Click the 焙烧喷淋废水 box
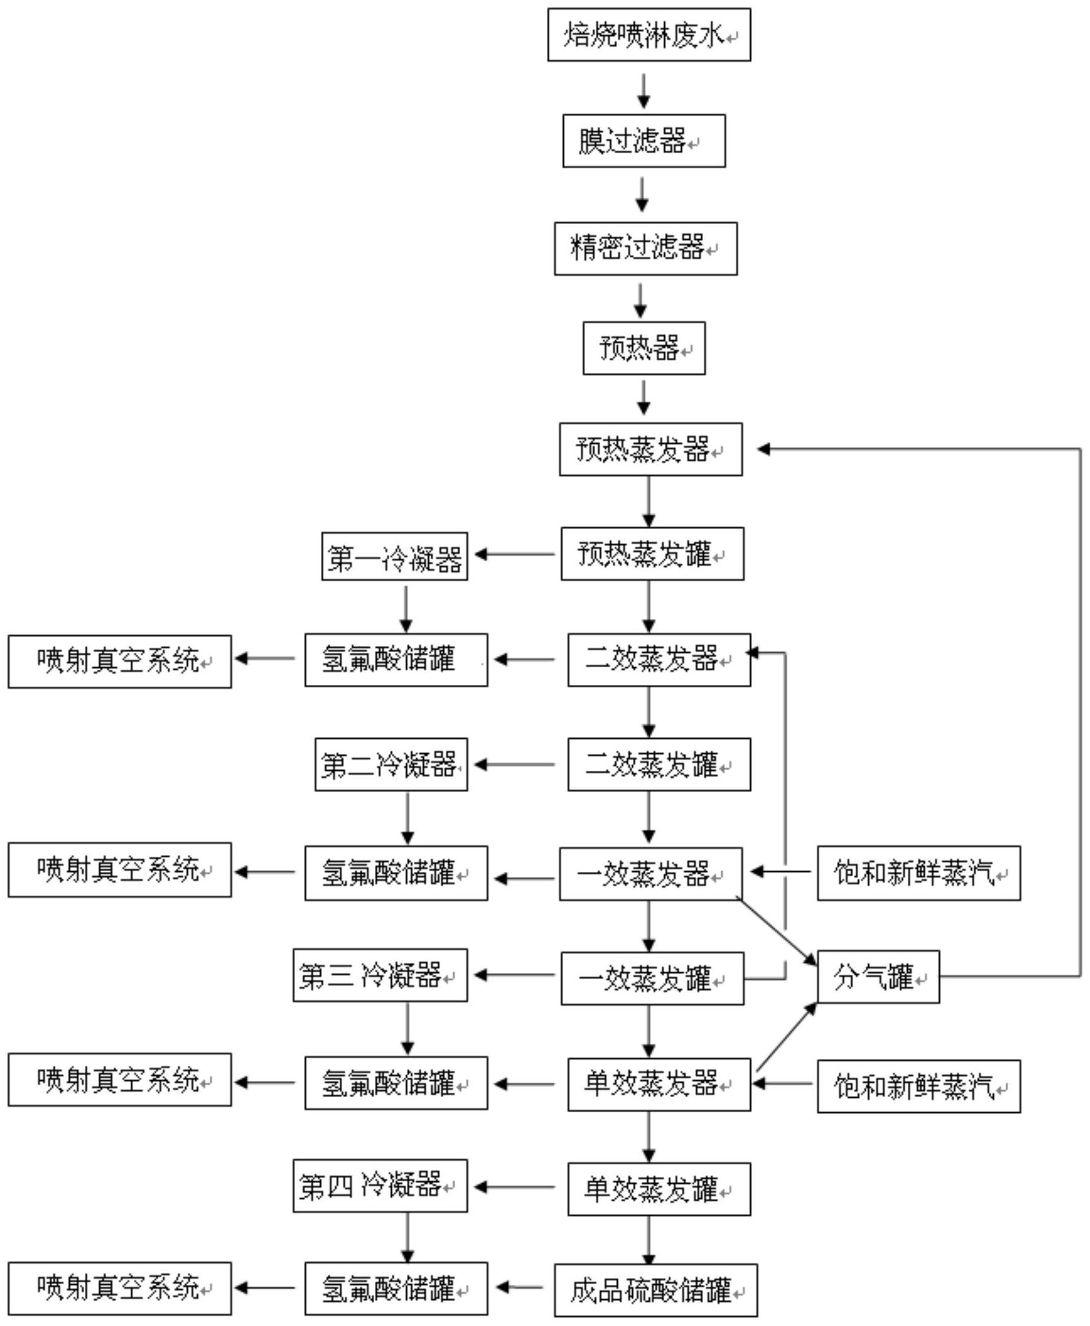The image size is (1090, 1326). coord(649,35)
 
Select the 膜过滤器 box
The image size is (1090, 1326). coord(644,141)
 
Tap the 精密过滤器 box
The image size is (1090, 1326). coord(646,249)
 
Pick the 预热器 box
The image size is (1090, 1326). coord(644,348)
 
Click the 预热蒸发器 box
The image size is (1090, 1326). coord(650,449)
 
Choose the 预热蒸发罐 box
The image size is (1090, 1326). coord(652,554)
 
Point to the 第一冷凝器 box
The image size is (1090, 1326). coord(394,557)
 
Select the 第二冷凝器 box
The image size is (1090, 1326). coord(391,765)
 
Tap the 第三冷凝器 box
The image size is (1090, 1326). coord(380,975)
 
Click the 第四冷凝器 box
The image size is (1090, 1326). coord(380,1186)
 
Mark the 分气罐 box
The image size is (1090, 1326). coord(878,977)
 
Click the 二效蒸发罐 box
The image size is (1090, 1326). coord(659,765)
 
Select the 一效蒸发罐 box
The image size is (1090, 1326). coord(652,979)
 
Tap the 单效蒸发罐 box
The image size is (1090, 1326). coord(659,1189)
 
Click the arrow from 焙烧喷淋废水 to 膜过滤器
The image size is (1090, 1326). coord(644,90)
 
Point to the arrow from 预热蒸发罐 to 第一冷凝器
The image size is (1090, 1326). coord(515,555)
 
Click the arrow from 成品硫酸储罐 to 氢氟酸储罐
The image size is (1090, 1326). coord(520,1288)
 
